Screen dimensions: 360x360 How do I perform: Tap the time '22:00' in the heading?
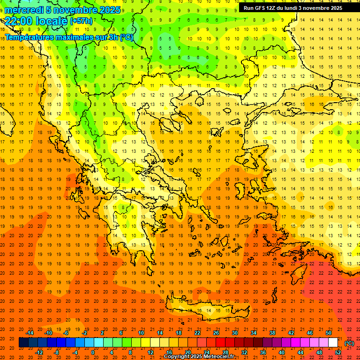point(19,21)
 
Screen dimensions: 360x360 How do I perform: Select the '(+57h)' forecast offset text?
point(81,21)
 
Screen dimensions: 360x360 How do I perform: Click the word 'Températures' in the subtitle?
point(28,37)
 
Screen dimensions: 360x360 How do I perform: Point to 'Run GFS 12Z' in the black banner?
point(260,8)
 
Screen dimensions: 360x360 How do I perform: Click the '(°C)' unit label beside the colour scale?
point(349,343)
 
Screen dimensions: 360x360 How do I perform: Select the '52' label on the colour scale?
point(338,352)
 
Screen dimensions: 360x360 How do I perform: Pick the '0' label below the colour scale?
point(93,352)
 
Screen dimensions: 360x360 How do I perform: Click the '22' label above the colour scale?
point(197,333)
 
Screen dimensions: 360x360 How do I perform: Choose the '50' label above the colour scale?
point(329,333)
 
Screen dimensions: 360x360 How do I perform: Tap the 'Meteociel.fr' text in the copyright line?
point(218,357)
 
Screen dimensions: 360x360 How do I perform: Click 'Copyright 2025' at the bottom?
point(182,357)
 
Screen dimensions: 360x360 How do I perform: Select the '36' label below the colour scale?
point(263,352)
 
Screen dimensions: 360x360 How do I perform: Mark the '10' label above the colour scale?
point(141,333)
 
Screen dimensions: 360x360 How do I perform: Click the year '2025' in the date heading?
point(109,10)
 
